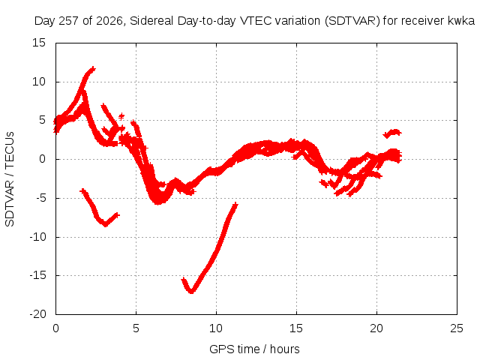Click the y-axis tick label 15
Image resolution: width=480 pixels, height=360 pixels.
[39, 43]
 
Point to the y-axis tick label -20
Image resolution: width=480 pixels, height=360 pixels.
[37, 314]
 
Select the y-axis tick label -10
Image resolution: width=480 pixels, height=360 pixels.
[37, 237]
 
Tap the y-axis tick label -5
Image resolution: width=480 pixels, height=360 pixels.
[41, 198]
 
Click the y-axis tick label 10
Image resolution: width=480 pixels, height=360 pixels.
[39, 82]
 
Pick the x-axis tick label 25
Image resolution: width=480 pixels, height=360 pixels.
[457, 328]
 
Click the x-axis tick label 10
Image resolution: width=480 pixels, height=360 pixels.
[216, 328]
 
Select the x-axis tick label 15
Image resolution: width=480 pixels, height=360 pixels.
[296, 328]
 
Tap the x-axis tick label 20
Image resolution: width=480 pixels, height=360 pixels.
[376, 328]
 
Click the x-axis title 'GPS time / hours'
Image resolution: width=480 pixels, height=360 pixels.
[254, 349]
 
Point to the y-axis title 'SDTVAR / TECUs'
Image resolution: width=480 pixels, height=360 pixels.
[10, 179]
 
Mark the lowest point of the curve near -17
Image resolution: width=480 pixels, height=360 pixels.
[191, 292]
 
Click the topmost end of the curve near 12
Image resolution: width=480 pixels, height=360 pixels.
[93, 69]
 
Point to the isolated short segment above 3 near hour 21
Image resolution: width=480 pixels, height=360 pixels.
[392, 133]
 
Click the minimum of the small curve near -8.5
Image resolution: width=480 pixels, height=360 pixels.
[106, 224]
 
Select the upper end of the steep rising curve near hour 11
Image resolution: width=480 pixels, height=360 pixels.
[235, 204]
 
